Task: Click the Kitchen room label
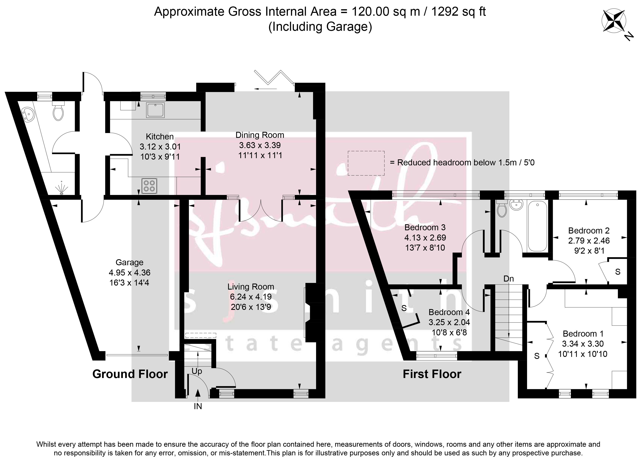[160, 137]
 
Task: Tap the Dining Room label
[260, 135]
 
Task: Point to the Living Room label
[251, 287]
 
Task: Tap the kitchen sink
[155, 110]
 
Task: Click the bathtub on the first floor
[537, 226]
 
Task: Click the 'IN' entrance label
[198, 406]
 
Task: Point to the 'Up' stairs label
[197, 371]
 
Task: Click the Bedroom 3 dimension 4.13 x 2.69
[425, 238]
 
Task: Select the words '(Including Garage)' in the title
[320, 27]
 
